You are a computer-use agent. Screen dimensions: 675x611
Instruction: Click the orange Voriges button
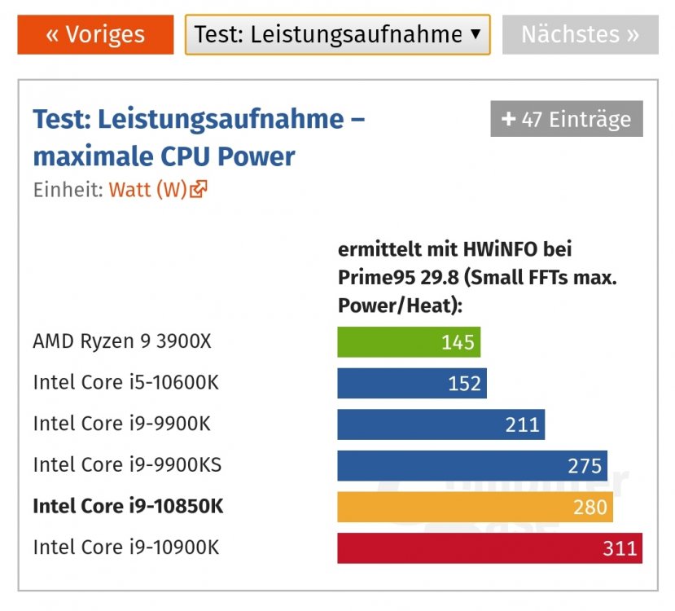point(95,35)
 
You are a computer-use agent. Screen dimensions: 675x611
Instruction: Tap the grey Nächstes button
point(581,35)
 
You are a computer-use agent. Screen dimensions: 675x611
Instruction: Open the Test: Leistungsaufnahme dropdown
point(337,35)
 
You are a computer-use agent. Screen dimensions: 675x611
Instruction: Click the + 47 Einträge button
point(567,119)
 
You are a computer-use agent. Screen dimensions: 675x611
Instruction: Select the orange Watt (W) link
point(147,190)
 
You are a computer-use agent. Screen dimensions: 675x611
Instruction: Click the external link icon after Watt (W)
point(199,189)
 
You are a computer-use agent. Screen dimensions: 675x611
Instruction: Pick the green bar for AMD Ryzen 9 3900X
point(409,342)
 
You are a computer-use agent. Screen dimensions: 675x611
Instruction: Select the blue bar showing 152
point(412,383)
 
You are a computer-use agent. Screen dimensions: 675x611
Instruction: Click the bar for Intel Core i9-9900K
point(441,424)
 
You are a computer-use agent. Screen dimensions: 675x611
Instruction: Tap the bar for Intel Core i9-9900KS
point(472,465)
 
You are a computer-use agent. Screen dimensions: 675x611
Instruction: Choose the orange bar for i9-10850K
point(476,507)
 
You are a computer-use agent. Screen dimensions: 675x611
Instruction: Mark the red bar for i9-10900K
point(490,548)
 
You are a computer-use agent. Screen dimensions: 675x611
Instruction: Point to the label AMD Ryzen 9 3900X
point(122,341)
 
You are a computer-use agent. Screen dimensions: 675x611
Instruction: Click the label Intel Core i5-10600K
point(126,382)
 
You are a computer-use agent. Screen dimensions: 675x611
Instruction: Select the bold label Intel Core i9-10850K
point(129,506)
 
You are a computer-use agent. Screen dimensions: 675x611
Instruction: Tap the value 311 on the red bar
point(620,548)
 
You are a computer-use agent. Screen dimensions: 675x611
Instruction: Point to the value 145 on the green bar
point(458,342)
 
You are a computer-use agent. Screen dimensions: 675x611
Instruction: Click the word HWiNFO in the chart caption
point(500,249)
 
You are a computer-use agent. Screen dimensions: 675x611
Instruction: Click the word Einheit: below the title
point(68,190)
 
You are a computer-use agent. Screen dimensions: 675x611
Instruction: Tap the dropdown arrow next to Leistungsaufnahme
point(476,33)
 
